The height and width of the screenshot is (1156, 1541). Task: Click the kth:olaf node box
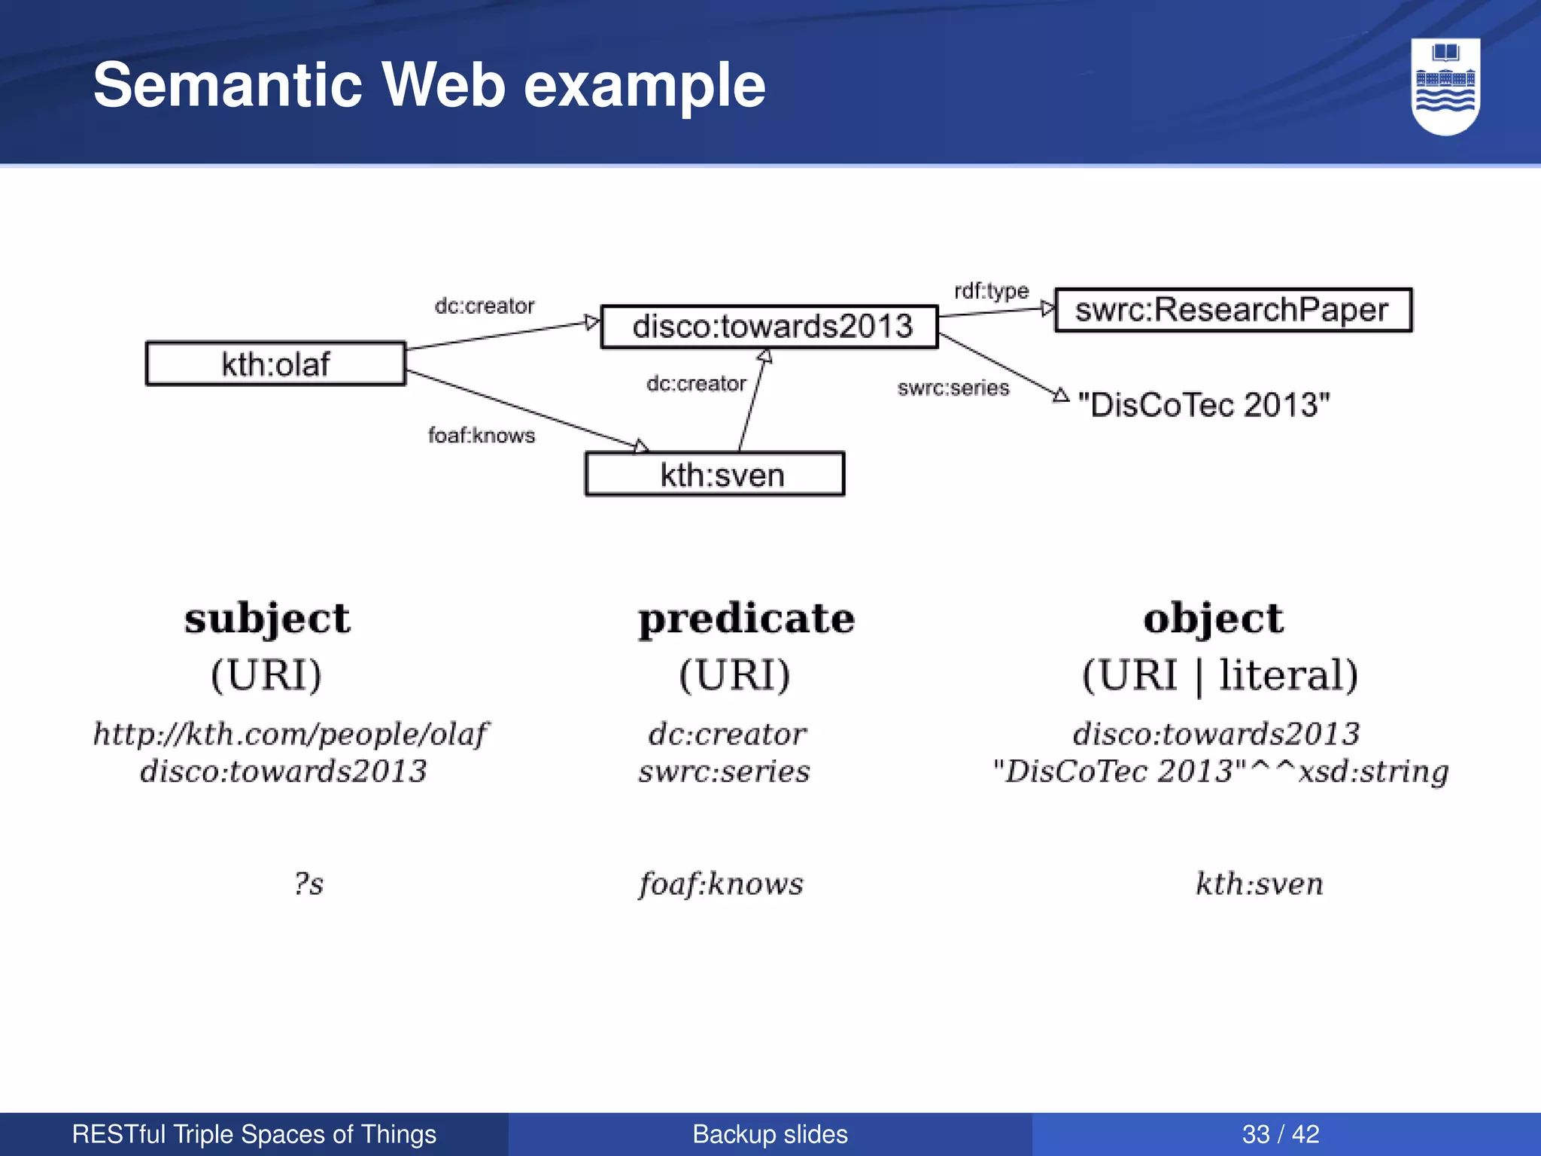click(275, 364)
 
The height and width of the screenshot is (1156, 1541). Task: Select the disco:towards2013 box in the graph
click(770, 327)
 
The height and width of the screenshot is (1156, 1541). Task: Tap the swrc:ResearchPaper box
click(1232, 310)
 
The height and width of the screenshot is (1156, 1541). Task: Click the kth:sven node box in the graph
click(715, 474)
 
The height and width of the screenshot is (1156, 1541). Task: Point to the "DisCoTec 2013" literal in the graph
click(1204, 405)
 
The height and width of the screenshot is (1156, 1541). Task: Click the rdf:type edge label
click(991, 291)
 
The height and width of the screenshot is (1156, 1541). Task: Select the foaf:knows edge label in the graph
click(482, 435)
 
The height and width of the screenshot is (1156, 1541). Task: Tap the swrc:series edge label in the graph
click(953, 388)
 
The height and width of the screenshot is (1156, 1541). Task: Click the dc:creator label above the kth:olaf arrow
click(485, 306)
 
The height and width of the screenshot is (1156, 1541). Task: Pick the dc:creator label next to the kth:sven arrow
click(696, 383)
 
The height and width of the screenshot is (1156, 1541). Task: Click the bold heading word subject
click(267, 619)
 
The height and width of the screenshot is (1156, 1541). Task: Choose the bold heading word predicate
click(746, 619)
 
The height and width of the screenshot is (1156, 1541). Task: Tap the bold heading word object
click(1213, 619)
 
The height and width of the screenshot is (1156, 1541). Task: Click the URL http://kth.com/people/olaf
click(290, 734)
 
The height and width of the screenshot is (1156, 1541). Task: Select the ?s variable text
click(309, 884)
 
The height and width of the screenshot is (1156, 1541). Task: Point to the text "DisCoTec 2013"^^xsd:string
click(1220, 771)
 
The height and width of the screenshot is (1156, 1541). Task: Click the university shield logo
click(1445, 87)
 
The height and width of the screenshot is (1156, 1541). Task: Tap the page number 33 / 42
click(1281, 1134)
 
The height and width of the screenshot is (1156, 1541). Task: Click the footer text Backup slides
click(770, 1134)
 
